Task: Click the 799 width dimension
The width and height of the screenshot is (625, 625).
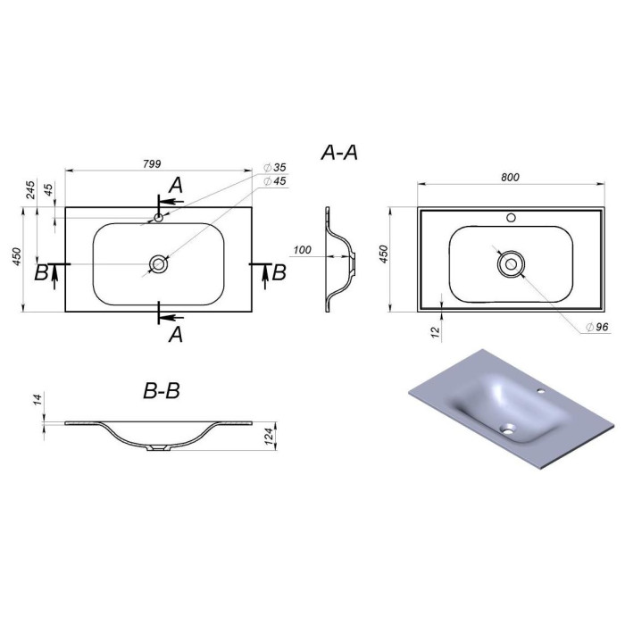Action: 152,163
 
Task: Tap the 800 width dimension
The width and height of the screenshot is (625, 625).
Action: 510,177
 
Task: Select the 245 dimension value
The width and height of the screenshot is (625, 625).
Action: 30,189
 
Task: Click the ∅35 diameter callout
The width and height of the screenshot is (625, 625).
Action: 275,168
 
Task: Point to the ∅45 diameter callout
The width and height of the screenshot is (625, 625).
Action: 275,181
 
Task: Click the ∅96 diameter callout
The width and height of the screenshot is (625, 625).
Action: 597,327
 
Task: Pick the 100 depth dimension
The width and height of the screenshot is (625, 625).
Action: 302,250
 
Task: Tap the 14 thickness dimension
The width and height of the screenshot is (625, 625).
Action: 37,399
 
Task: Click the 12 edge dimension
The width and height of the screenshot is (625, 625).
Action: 436,330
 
